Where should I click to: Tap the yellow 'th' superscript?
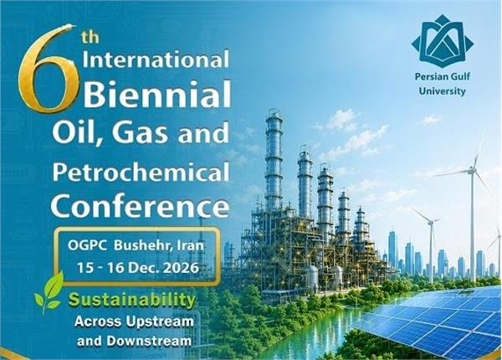point(90,38)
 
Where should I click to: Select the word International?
point(156,59)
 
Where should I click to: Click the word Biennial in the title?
point(157,94)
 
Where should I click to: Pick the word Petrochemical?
point(141,173)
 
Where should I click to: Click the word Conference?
point(141,206)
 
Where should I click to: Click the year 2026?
point(181,268)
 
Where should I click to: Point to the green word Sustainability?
point(132,301)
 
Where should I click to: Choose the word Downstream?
point(149,341)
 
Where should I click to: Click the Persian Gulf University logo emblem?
point(442,41)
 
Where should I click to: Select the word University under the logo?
point(442,91)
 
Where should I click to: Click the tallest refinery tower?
point(274,160)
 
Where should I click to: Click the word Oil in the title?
point(78,133)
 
